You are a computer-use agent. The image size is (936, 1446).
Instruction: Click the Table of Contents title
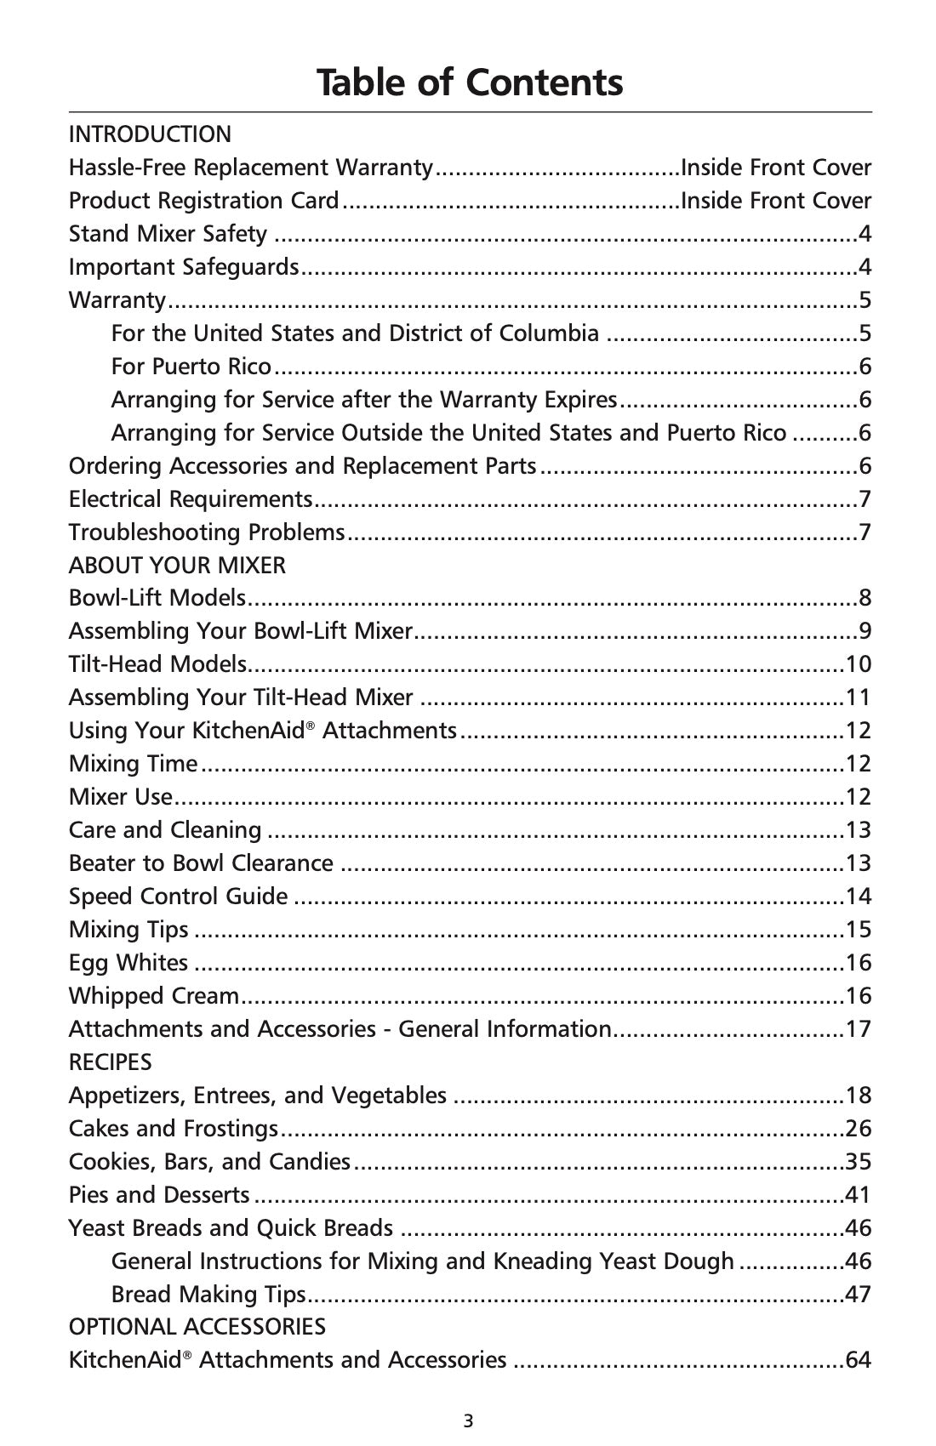[x=470, y=83]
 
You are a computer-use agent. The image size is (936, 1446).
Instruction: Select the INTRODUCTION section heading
[x=150, y=134]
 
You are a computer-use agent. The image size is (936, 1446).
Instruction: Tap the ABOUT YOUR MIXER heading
[x=177, y=566]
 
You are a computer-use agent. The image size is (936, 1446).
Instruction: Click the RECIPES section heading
[x=110, y=1062]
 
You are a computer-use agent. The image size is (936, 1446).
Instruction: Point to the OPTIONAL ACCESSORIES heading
[x=197, y=1327]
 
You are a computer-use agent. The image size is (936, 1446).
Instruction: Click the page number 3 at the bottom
[x=469, y=1420]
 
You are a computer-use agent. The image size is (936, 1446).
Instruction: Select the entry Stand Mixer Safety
[x=168, y=234]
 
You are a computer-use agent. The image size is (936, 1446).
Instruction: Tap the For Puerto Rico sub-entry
[x=191, y=367]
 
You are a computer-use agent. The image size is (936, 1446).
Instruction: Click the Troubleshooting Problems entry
[x=207, y=532]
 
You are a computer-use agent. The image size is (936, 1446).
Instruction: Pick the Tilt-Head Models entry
[x=157, y=664]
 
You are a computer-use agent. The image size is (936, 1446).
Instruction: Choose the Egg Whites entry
[x=128, y=963]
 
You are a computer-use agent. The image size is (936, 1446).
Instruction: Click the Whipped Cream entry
[x=154, y=996]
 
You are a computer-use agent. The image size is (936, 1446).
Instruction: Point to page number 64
[x=858, y=1360]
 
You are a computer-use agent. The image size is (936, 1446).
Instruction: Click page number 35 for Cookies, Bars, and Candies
[x=858, y=1162]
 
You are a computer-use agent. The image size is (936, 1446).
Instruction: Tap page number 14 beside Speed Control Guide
[x=858, y=897]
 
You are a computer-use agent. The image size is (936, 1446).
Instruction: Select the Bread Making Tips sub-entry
[x=208, y=1295]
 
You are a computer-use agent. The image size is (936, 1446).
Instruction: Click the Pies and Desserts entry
[x=159, y=1195]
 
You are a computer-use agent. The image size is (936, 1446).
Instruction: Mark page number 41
[x=858, y=1195]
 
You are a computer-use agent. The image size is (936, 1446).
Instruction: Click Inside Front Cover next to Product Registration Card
[x=776, y=201]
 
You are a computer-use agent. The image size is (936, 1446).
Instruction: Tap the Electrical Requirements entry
[x=191, y=499]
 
